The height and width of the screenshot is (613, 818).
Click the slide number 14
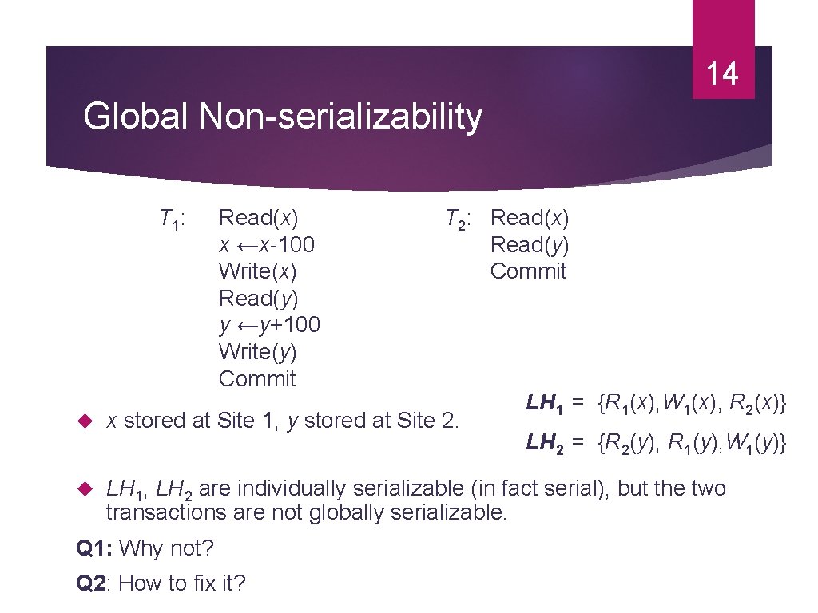point(722,74)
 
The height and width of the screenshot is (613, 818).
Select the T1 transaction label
point(173,218)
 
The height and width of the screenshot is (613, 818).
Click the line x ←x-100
point(267,244)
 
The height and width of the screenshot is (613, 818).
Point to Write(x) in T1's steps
point(257,271)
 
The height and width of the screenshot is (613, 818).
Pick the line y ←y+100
point(269,325)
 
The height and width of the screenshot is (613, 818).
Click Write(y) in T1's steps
point(257,352)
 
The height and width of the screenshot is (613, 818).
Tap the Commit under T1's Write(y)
point(257,378)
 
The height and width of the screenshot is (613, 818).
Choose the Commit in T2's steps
point(528,271)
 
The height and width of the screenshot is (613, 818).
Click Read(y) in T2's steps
point(530,244)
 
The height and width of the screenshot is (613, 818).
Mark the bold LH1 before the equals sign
point(545,405)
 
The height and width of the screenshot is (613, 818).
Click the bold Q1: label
point(93,548)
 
